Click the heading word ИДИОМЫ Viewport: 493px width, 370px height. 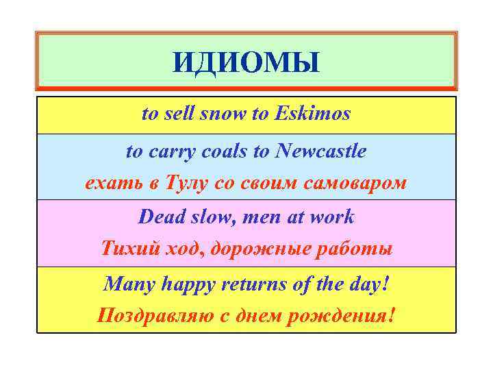tap(246, 62)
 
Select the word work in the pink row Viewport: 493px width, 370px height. tap(333, 217)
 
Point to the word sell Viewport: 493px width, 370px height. tap(179, 114)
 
